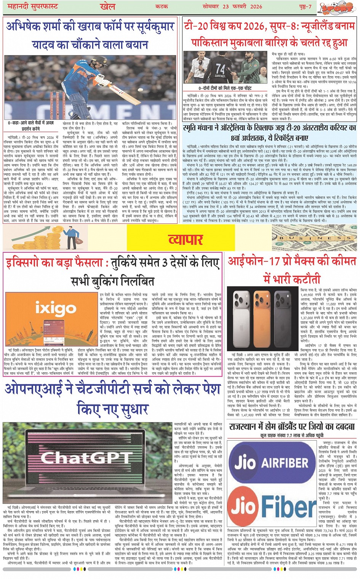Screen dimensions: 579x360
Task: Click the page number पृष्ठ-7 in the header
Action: (x=304, y=6)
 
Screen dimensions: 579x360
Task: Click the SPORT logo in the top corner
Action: (x=336, y=8)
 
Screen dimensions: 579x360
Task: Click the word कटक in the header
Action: (x=162, y=6)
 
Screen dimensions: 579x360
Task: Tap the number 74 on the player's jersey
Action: (x=221, y=69)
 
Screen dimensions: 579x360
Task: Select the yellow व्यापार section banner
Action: (x=186, y=239)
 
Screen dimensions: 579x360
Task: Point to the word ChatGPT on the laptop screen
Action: (x=91, y=457)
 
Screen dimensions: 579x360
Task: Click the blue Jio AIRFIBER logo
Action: (x=272, y=464)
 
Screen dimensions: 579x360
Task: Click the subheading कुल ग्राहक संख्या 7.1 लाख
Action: (x=292, y=435)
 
